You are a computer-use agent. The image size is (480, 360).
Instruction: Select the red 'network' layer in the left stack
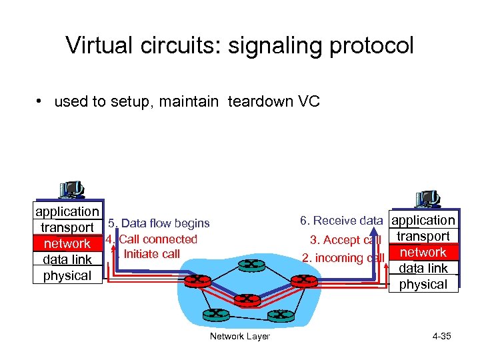[x=67, y=244]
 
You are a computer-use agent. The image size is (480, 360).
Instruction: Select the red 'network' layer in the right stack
[x=423, y=253]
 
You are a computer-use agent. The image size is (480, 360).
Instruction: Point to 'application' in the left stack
[x=67, y=211]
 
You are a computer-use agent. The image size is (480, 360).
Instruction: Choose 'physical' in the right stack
[x=423, y=285]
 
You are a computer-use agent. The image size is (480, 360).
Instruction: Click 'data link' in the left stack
[x=67, y=260]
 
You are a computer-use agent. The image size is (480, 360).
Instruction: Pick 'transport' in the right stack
[x=423, y=237]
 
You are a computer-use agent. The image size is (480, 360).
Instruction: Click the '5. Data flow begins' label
[x=159, y=224]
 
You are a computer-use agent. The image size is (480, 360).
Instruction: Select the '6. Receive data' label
[x=341, y=221]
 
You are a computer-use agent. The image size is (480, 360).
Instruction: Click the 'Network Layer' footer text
[x=240, y=336]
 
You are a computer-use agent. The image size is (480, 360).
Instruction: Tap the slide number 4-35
[x=441, y=336]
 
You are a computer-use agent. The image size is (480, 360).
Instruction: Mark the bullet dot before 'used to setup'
[x=41, y=102]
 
